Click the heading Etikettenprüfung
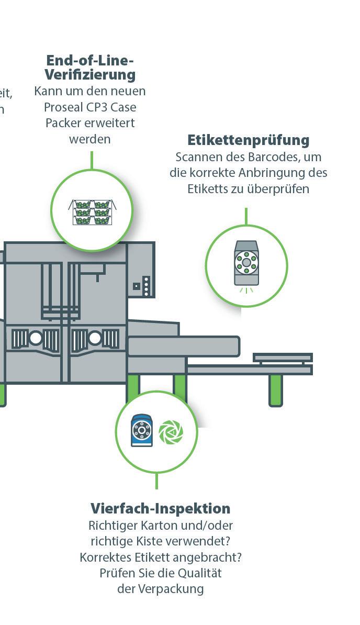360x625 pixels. (x=248, y=140)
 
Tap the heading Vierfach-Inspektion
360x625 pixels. (x=160, y=508)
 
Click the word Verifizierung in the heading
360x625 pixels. (x=90, y=74)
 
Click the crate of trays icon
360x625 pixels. (x=92, y=211)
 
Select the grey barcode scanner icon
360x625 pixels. (x=246, y=263)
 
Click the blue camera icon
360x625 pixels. (x=142, y=430)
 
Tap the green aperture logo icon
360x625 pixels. (x=171, y=432)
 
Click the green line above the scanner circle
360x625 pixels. (x=246, y=216)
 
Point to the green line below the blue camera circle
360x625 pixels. (x=156, y=481)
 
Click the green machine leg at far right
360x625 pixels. (x=276, y=390)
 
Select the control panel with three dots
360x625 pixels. (x=147, y=286)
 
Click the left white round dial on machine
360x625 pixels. (x=36, y=338)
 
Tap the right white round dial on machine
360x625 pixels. (x=95, y=338)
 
